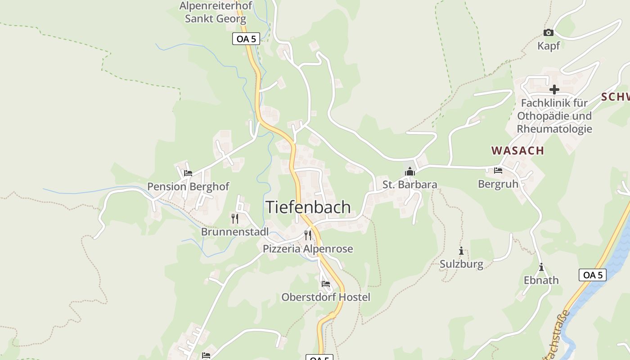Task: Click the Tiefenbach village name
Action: point(308,207)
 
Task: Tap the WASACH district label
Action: point(517,150)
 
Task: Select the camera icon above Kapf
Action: point(548,32)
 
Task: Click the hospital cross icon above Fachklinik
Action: point(554,90)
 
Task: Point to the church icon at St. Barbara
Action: point(409,171)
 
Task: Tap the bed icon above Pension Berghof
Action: point(188,173)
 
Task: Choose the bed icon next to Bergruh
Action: point(498,171)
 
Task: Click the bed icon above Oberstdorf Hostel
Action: point(326,284)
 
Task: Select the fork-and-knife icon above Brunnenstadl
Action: point(234,219)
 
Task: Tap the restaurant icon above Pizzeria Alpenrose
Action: point(308,235)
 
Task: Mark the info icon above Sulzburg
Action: point(461,251)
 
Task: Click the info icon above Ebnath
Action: point(541,267)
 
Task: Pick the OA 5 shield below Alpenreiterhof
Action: point(246,39)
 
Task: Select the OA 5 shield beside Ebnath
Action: point(592,275)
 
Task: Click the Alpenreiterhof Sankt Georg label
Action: point(216,12)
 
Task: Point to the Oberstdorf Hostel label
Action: point(326,297)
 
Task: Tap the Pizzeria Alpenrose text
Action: point(308,249)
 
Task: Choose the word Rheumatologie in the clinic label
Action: point(554,129)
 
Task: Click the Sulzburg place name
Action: point(461,264)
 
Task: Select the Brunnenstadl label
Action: point(234,232)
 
